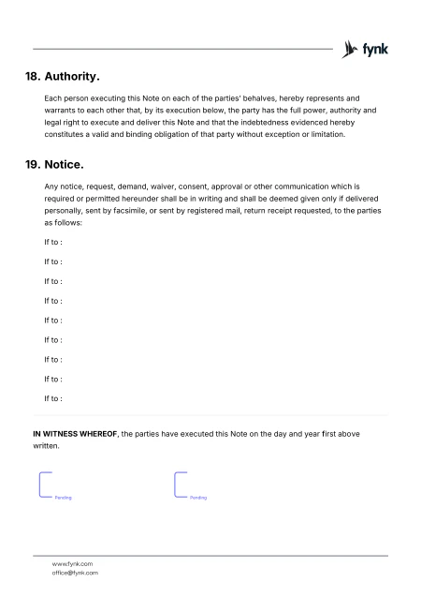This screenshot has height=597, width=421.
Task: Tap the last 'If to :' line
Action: tap(53, 399)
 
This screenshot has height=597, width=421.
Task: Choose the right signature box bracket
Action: tap(178, 485)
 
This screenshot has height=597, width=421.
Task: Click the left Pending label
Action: tap(64, 498)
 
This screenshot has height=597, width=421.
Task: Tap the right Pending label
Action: tap(198, 498)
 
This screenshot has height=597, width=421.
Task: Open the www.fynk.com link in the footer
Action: tap(72, 563)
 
